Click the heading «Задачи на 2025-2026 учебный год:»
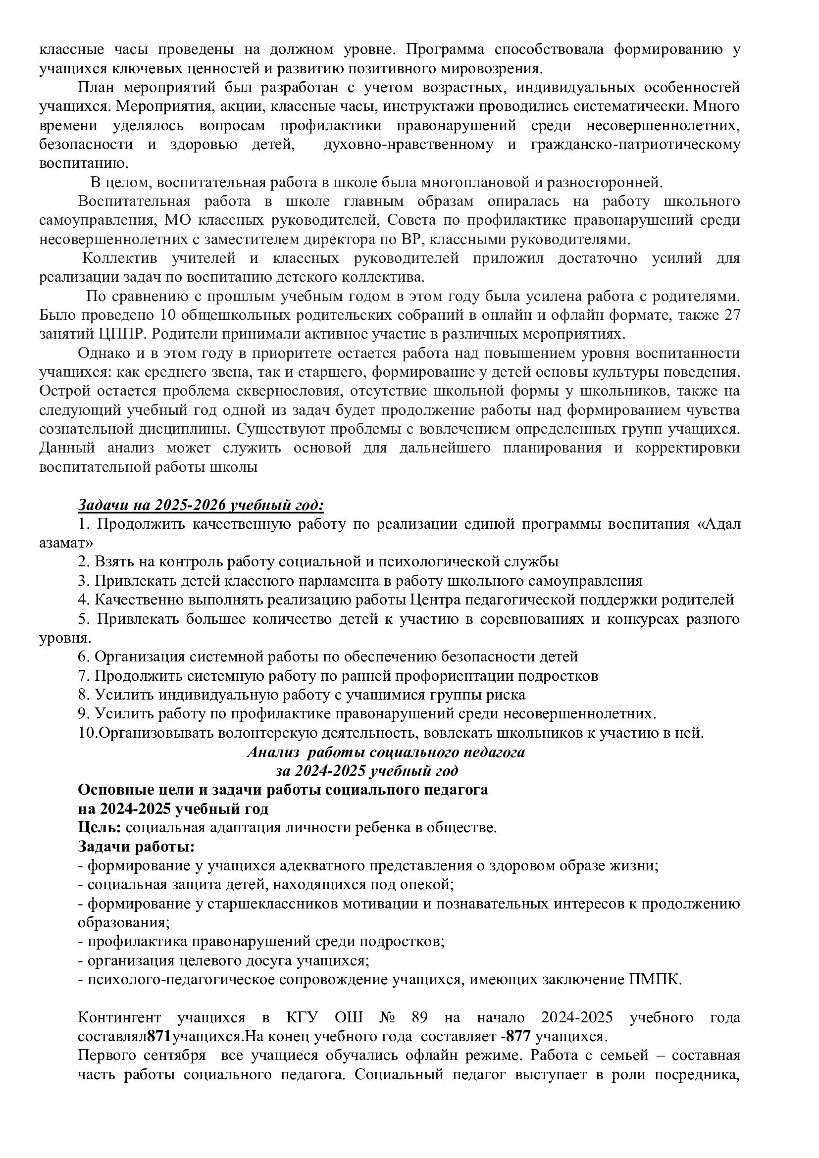[x=200, y=505]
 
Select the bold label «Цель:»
[x=100, y=828]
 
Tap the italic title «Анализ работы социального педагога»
[x=386, y=752]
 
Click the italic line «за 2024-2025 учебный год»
[x=366, y=771]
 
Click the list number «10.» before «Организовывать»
[x=87, y=733]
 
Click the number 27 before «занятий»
[x=730, y=315]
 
